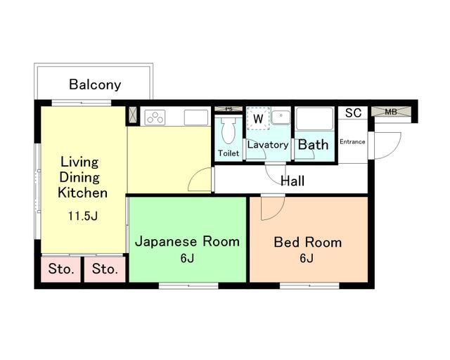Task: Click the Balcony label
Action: [95, 84]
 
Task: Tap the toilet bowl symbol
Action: [229, 131]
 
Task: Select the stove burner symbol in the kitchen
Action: [155, 117]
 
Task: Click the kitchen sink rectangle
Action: [196, 117]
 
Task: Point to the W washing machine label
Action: [258, 118]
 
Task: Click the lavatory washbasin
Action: [281, 117]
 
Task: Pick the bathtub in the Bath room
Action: [314, 119]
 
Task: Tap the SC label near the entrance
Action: [353, 112]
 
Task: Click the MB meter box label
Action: [391, 112]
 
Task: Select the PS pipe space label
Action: [229, 109]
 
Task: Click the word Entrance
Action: [352, 141]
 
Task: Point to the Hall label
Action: [292, 181]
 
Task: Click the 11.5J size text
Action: [83, 216]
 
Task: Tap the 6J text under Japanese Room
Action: [187, 258]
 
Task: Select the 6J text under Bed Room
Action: [307, 258]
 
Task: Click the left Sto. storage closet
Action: [61, 269]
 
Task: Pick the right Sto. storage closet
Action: [105, 269]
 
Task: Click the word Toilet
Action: [229, 153]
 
